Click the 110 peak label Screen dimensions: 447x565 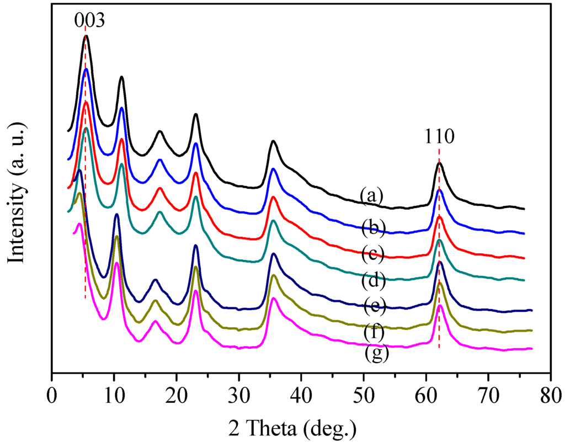[439, 136]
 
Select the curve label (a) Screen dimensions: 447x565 [372, 195]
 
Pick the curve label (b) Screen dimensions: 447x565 [372, 226]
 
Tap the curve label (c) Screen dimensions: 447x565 [372, 255]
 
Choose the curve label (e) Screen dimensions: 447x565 [374, 305]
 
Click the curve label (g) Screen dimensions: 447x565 [377, 354]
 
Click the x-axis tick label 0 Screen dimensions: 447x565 [51, 396]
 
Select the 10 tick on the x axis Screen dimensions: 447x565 [114, 396]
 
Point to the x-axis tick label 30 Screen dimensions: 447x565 [238, 396]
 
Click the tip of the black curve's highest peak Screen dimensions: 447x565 [86, 36]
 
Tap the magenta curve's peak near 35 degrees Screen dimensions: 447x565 [274, 299]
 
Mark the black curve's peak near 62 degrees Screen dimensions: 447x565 [439, 163]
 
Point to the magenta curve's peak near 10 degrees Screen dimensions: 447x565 [116, 263]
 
